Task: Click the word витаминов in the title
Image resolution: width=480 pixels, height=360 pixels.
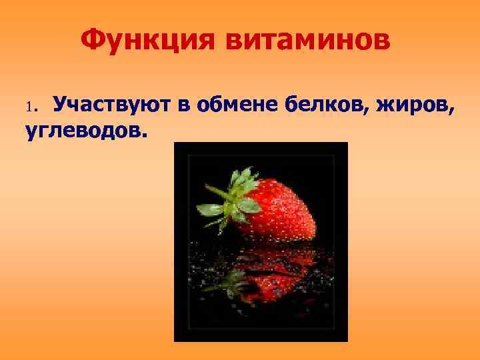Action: pos(309,42)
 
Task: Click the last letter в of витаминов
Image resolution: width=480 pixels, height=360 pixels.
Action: pos(382,42)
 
